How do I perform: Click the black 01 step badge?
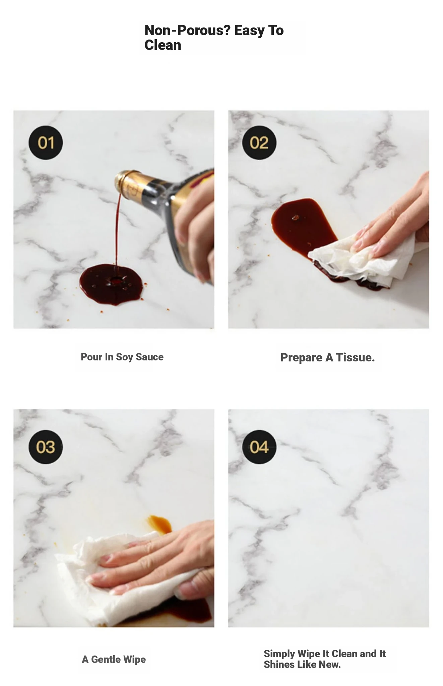[46, 143]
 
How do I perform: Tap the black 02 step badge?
[259, 143]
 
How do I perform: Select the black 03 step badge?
[46, 447]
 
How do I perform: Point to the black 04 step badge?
[259, 447]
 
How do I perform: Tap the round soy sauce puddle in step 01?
[112, 284]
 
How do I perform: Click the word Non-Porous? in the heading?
[187, 30]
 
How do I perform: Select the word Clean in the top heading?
[163, 45]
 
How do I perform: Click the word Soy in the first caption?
[124, 357]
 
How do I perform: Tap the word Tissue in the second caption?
[355, 357]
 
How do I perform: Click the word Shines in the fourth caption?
[278, 664]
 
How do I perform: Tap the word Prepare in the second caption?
[301, 358]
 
